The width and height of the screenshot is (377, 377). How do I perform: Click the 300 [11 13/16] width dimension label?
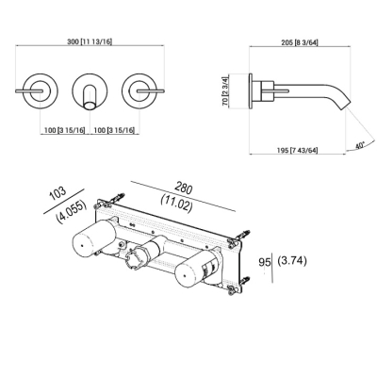click(90, 41)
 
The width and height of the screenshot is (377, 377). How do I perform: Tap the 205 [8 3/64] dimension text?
click(300, 42)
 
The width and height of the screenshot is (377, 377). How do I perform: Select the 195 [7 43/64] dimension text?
click(297, 151)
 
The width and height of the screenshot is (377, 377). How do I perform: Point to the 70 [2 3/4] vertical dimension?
click(225, 91)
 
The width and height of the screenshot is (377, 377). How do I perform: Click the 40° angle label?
click(360, 145)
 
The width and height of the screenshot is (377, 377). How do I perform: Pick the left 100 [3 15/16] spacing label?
click(65, 130)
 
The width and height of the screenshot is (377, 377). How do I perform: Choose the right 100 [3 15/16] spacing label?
click(114, 130)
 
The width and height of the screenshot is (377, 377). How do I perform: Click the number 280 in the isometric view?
click(183, 188)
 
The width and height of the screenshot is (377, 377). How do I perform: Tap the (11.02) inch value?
click(176, 205)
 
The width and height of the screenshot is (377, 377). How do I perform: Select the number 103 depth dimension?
click(57, 192)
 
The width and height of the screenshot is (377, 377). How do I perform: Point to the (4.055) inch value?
click(72, 213)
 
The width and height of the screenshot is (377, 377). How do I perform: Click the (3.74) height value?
click(292, 260)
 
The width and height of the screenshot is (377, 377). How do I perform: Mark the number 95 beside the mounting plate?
click(265, 262)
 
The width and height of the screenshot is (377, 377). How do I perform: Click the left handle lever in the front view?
click(28, 91)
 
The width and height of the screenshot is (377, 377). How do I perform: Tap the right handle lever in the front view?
click(151, 91)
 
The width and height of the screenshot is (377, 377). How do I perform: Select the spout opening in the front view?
click(90, 106)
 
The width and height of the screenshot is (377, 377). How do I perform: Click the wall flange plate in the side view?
click(251, 91)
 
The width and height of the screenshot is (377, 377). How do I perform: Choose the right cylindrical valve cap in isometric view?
click(196, 270)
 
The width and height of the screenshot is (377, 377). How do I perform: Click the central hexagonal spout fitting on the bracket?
click(137, 257)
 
